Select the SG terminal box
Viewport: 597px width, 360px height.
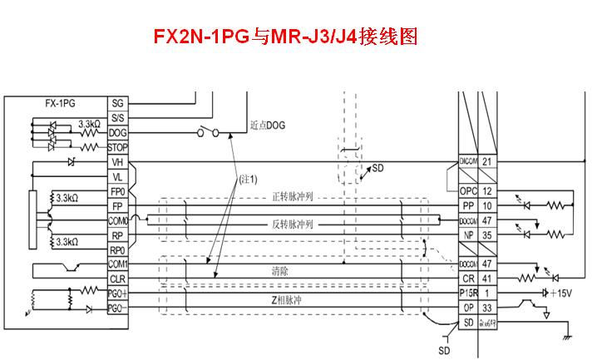point(116,103)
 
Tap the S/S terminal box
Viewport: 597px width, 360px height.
point(116,118)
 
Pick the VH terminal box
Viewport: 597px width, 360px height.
point(116,162)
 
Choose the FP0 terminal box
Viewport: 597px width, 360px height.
point(116,191)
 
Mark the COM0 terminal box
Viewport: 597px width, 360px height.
point(116,221)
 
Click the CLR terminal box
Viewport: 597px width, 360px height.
point(116,279)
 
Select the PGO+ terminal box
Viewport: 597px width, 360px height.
point(116,293)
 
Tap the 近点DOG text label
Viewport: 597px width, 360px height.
point(267,127)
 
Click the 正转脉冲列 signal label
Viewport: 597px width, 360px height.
point(292,197)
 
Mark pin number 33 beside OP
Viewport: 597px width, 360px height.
point(487,308)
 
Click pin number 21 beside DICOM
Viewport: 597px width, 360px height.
point(487,161)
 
